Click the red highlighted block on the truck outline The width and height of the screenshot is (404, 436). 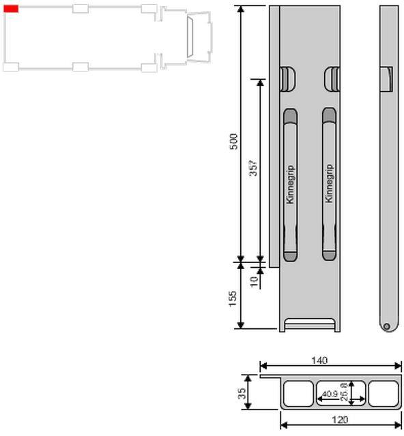coord(11,9)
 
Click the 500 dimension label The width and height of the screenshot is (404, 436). coord(233,142)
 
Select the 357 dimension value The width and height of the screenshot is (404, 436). coord(253,168)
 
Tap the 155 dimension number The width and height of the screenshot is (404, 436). coord(233,298)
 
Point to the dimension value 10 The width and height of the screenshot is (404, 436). coord(254,281)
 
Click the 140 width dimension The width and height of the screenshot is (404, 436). coord(319,360)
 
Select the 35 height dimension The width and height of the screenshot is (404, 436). coord(242,393)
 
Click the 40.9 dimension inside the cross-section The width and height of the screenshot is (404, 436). coord(330,394)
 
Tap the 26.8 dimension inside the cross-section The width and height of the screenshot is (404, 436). coord(345,392)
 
